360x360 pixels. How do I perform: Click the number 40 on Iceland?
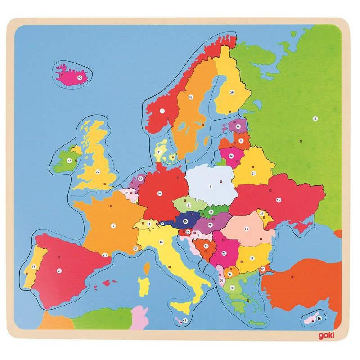pos(80,77)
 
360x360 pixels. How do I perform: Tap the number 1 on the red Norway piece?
pos(162,111)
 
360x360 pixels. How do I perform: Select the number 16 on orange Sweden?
pos(191,97)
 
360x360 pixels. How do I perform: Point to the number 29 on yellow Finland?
pos(232,92)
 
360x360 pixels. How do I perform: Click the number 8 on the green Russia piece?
pos(315,118)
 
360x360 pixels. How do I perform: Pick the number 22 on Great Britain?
pos(98,171)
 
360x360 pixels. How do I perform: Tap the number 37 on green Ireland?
pos(69,160)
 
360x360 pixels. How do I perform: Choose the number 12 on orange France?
pos(113,226)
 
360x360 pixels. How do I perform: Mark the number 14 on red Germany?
pos(159,193)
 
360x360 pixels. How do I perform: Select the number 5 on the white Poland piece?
pos(209,186)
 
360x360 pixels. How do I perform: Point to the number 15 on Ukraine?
pos(279,200)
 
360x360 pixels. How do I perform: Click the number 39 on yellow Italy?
pos(161,242)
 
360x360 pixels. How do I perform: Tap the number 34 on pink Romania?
pos(246,229)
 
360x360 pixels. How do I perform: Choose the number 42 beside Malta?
pos(184,321)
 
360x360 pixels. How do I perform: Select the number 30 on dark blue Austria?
pos(185,221)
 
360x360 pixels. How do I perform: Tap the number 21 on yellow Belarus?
pos(253,173)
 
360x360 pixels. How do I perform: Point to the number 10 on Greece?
pos(232,288)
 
